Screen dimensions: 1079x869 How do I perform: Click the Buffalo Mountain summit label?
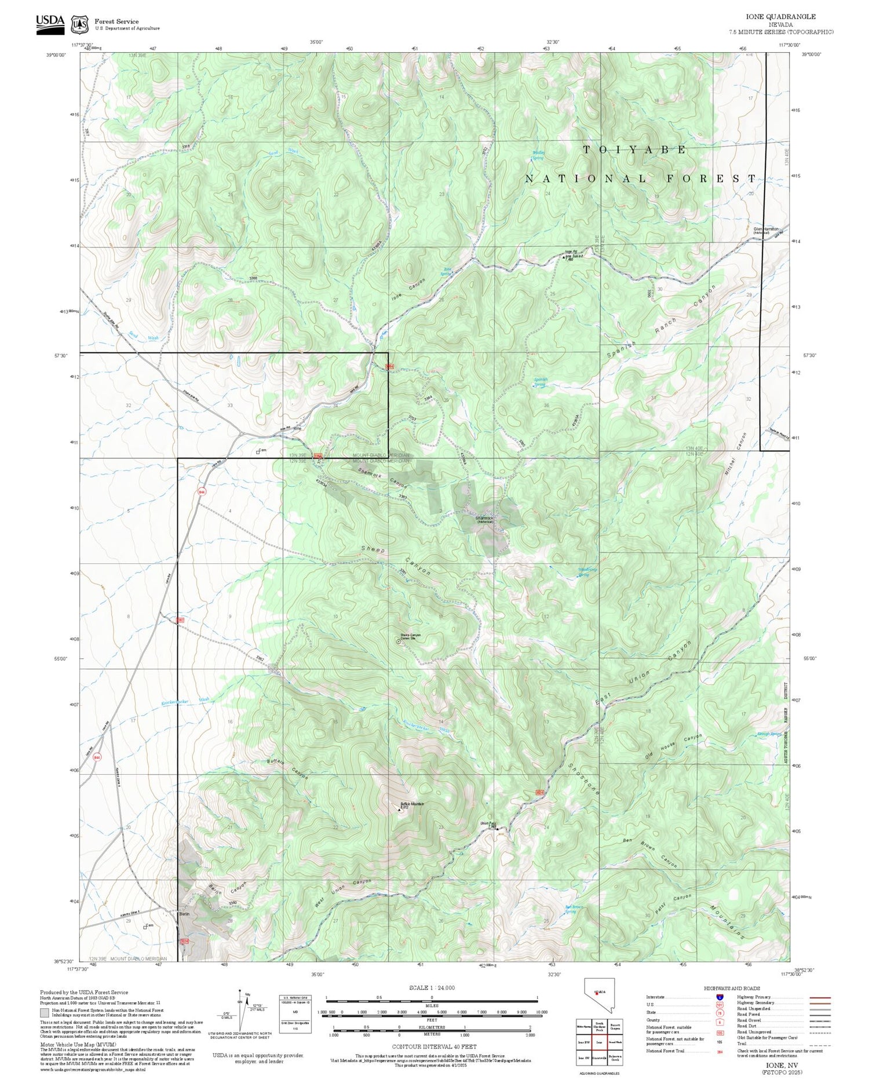point(412,805)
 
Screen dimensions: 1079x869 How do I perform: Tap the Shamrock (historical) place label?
point(484,519)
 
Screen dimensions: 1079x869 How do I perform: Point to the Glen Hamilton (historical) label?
point(765,230)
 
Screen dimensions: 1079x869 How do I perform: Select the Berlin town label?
point(184,914)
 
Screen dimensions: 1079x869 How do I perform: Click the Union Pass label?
point(488,823)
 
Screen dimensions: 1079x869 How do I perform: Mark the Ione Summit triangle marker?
point(565,257)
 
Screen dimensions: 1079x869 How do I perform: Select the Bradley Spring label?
point(538,155)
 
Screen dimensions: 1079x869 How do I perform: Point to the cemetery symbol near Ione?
point(258,452)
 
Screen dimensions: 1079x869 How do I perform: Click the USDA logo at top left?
point(50,24)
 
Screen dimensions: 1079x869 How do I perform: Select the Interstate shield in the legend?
point(720,997)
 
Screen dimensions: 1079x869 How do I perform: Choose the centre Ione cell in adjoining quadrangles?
point(599,1041)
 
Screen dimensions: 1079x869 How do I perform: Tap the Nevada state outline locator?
point(596,996)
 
